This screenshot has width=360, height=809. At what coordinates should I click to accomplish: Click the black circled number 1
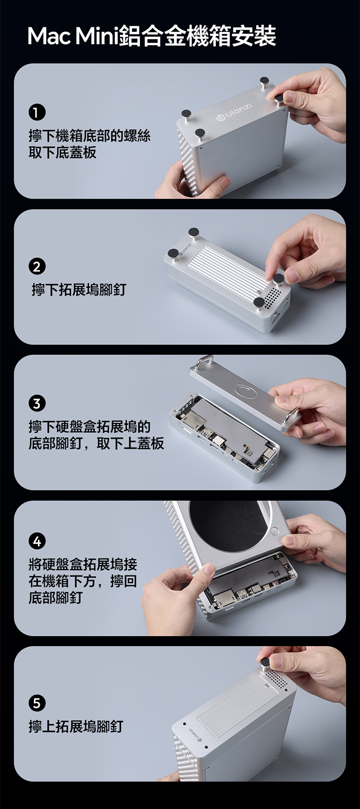tap(37, 113)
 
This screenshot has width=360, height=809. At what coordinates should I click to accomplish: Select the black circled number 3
tap(37, 404)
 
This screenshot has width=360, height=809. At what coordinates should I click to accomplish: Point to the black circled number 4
tap(37, 541)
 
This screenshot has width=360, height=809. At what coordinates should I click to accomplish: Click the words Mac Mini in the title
tap(72, 36)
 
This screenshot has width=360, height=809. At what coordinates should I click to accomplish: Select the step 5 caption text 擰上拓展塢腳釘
tap(76, 726)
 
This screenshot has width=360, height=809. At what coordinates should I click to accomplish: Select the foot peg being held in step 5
tap(265, 662)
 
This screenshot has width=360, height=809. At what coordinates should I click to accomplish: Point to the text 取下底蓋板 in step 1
tap(62, 153)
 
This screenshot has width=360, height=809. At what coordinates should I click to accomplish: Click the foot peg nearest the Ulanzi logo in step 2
tap(173, 253)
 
